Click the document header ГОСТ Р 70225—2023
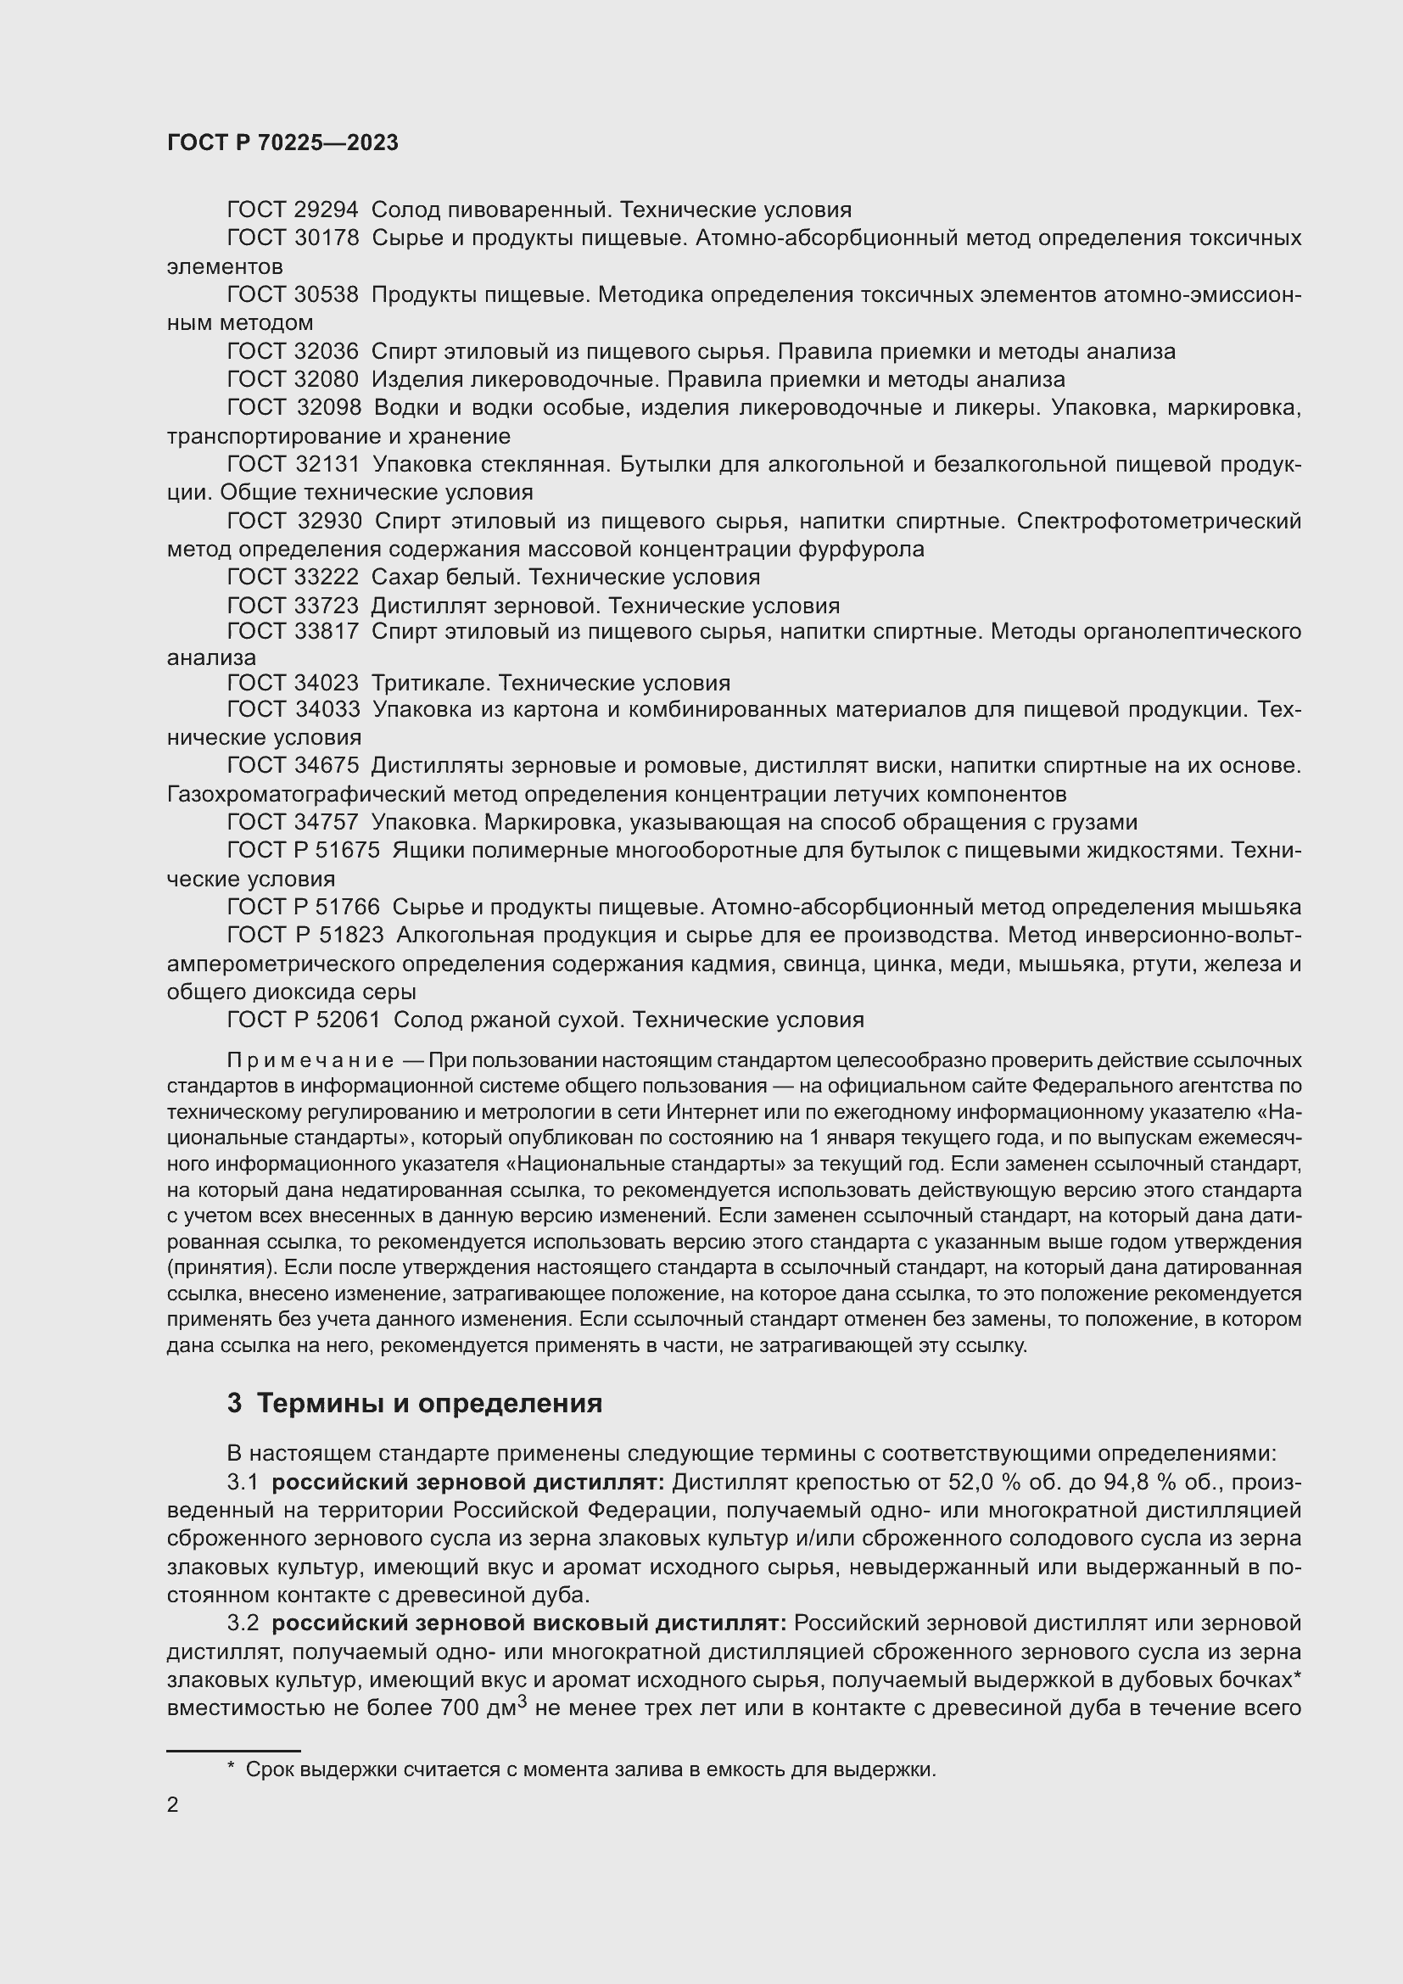click(x=282, y=143)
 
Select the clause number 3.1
click(x=243, y=1483)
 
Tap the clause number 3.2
click(x=243, y=1624)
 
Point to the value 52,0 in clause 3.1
click(x=973, y=1483)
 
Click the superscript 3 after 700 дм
click(x=522, y=1703)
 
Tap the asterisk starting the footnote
click(x=231, y=1767)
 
